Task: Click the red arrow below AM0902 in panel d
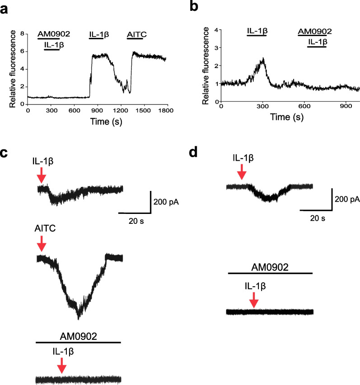253,299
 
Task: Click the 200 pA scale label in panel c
166,201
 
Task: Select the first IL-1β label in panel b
257,31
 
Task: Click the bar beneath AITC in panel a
135,39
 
